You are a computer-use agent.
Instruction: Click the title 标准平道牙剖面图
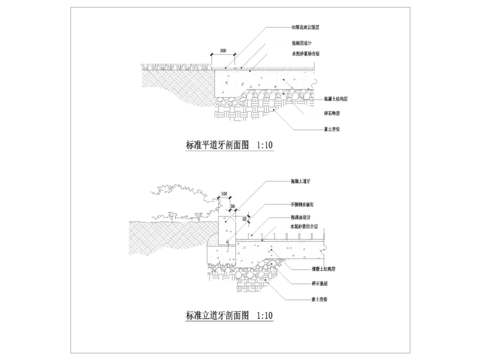click(217, 144)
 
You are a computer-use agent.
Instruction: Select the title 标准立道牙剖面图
click(217, 315)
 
